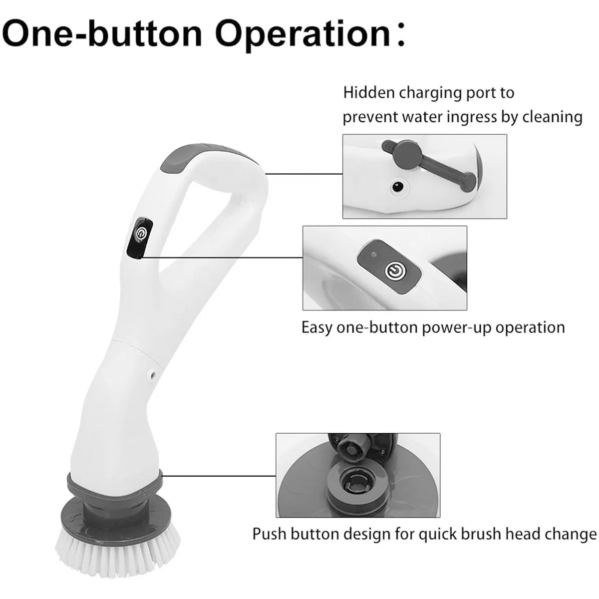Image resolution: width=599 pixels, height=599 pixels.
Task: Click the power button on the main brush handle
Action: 140,232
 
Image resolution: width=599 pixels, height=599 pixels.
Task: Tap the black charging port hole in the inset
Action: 397,187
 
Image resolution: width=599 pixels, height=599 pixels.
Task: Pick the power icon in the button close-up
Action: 394,271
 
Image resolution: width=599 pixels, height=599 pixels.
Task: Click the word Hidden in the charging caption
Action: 369,93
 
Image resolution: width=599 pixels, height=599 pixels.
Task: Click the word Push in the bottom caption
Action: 269,534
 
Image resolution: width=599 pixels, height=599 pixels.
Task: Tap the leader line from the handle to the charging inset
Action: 304,174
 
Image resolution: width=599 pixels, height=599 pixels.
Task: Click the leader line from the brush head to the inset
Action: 219,476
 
